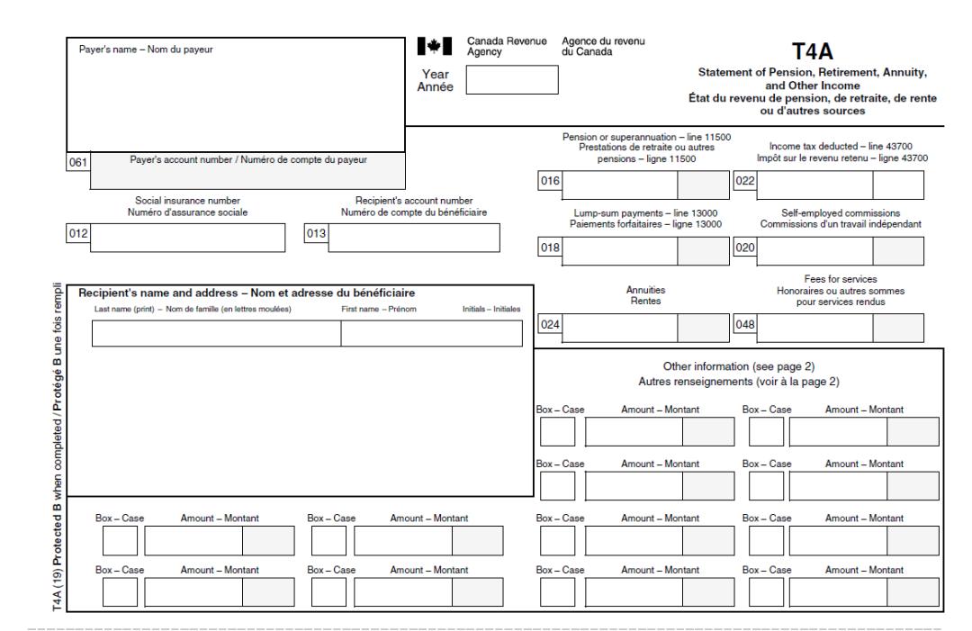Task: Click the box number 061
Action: pos(79,164)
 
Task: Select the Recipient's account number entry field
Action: pos(414,238)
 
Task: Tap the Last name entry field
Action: pos(216,333)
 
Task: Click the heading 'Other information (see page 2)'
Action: pos(738,366)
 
